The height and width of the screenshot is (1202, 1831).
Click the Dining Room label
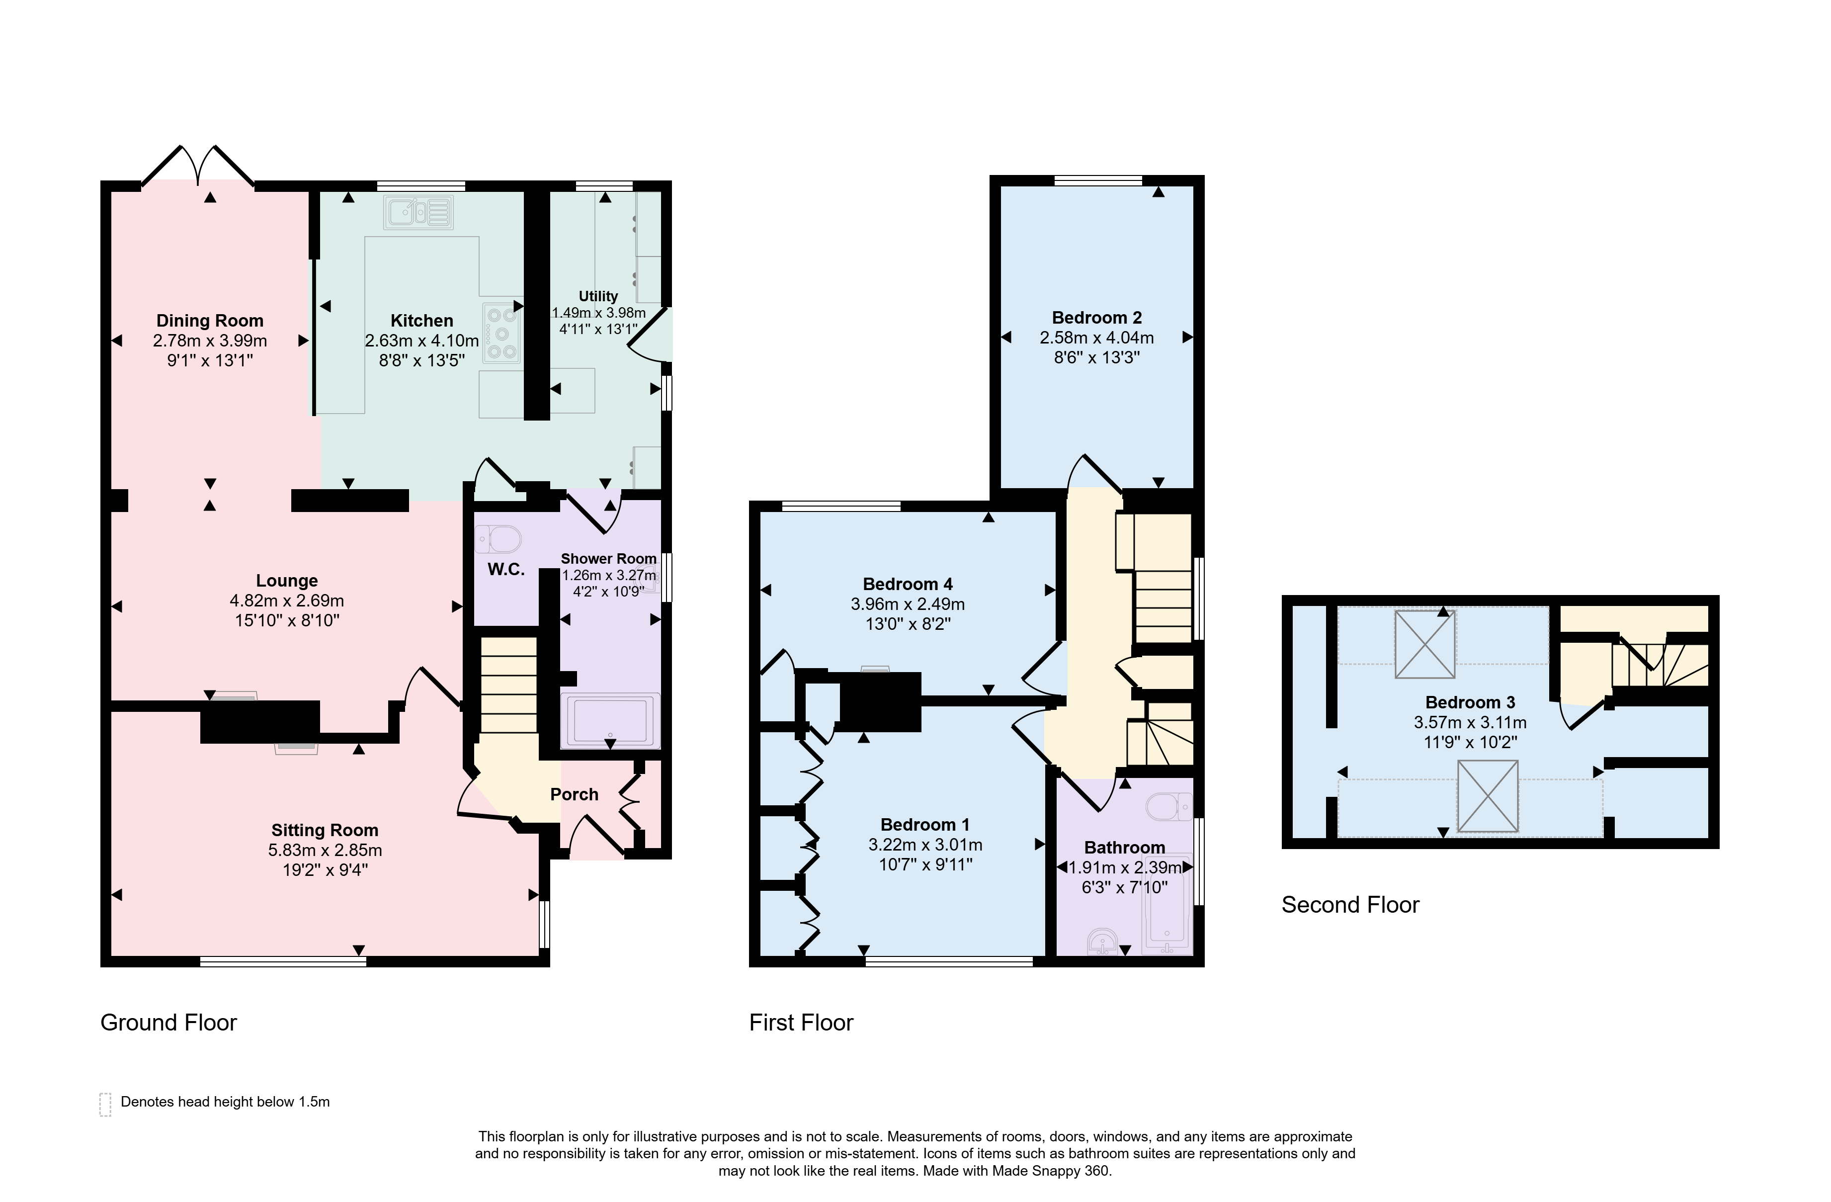[x=210, y=321]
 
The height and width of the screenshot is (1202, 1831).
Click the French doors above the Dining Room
[x=198, y=166]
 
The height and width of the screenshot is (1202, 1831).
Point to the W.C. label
[x=506, y=570]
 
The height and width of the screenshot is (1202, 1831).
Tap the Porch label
[x=574, y=794]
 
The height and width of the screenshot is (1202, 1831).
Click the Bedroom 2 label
[x=1097, y=318]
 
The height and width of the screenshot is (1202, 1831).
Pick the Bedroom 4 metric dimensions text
[x=908, y=604]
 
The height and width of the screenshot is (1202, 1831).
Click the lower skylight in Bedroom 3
[x=1488, y=796]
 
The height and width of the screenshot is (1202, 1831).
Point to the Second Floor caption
[x=1350, y=905]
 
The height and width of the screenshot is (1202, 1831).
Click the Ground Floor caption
[x=168, y=1023]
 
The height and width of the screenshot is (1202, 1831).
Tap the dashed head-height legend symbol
[x=105, y=1104]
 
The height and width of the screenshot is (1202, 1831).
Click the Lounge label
[x=287, y=581]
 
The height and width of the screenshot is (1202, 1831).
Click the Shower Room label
[x=608, y=559]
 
